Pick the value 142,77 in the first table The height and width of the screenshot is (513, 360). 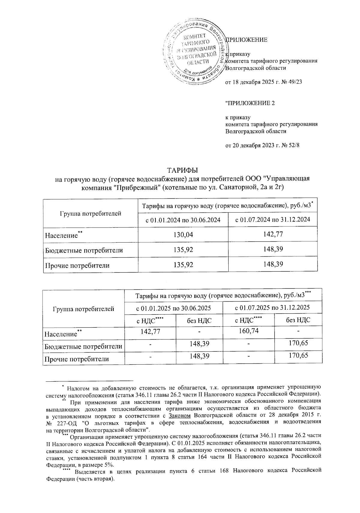[x=273, y=234]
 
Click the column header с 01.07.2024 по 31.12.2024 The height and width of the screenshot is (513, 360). [x=273, y=220]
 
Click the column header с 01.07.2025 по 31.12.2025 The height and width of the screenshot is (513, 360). [x=272, y=308]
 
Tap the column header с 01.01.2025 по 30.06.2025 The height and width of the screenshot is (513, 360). [x=174, y=308]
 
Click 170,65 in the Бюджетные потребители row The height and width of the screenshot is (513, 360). [x=298, y=343]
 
